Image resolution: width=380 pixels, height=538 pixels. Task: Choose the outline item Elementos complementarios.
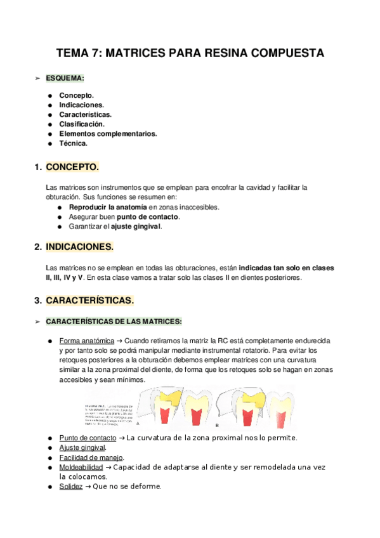pos(108,134)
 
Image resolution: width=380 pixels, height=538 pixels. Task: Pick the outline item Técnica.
pos(73,143)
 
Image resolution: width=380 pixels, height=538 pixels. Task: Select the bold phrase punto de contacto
pos(154,216)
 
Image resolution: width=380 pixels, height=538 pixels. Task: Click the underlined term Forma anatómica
pos(86,341)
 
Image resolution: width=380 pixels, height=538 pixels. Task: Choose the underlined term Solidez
pos(71,487)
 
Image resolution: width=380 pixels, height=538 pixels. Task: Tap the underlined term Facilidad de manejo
pos(91,457)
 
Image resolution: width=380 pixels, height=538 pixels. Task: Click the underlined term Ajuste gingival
pos(82,448)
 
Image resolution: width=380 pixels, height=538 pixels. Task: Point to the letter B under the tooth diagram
pos(218,424)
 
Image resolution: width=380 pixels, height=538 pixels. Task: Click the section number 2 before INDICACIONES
pos(38,246)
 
